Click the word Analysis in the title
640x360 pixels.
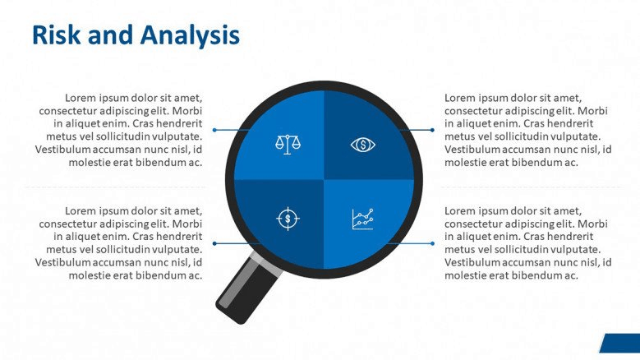tap(190, 35)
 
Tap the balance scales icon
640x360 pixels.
tap(288, 145)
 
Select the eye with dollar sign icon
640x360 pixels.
tap(363, 145)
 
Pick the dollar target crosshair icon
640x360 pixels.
tap(288, 219)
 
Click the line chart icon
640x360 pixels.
tap(363, 219)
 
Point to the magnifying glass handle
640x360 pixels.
tap(249, 288)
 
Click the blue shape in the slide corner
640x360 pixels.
tap(619, 343)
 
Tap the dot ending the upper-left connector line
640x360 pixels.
tap(214, 130)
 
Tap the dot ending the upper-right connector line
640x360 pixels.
tap(432, 130)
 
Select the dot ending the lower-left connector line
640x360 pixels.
tap(214, 243)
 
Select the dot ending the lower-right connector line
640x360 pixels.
tap(432, 243)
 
